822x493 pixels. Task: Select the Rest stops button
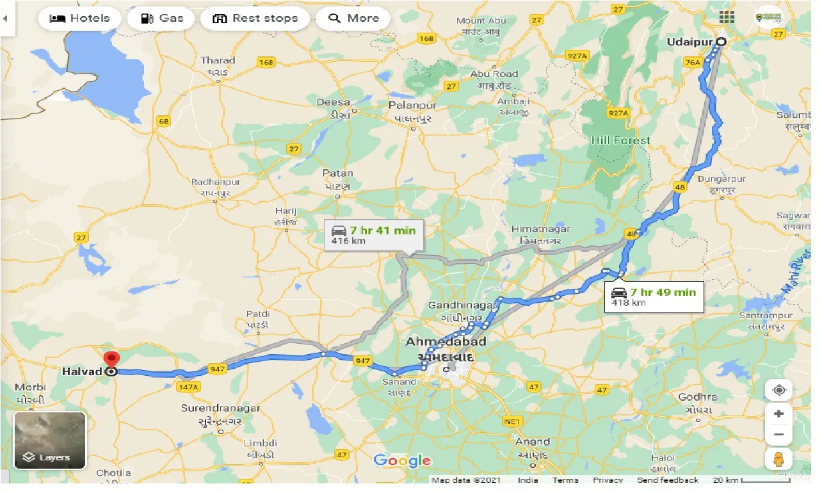[x=255, y=18]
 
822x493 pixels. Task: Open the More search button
[x=353, y=18]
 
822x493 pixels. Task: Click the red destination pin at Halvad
[x=112, y=360]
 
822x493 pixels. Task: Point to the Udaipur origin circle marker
[x=720, y=42]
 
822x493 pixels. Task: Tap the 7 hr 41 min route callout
[x=373, y=235]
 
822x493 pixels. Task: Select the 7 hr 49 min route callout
[x=654, y=296]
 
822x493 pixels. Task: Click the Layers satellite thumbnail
[x=50, y=440]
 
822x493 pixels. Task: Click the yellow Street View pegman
[x=778, y=458]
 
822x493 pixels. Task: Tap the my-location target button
[x=778, y=390]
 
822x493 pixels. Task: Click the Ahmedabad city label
[x=446, y=342]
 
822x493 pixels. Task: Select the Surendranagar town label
[x=220, y=408]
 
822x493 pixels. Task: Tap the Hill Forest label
[x=620, y=140]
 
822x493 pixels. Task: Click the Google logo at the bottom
[x=402, y=460]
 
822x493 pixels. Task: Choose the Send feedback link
[x=668, y=480]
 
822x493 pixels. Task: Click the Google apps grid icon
[x=727, y=17]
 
